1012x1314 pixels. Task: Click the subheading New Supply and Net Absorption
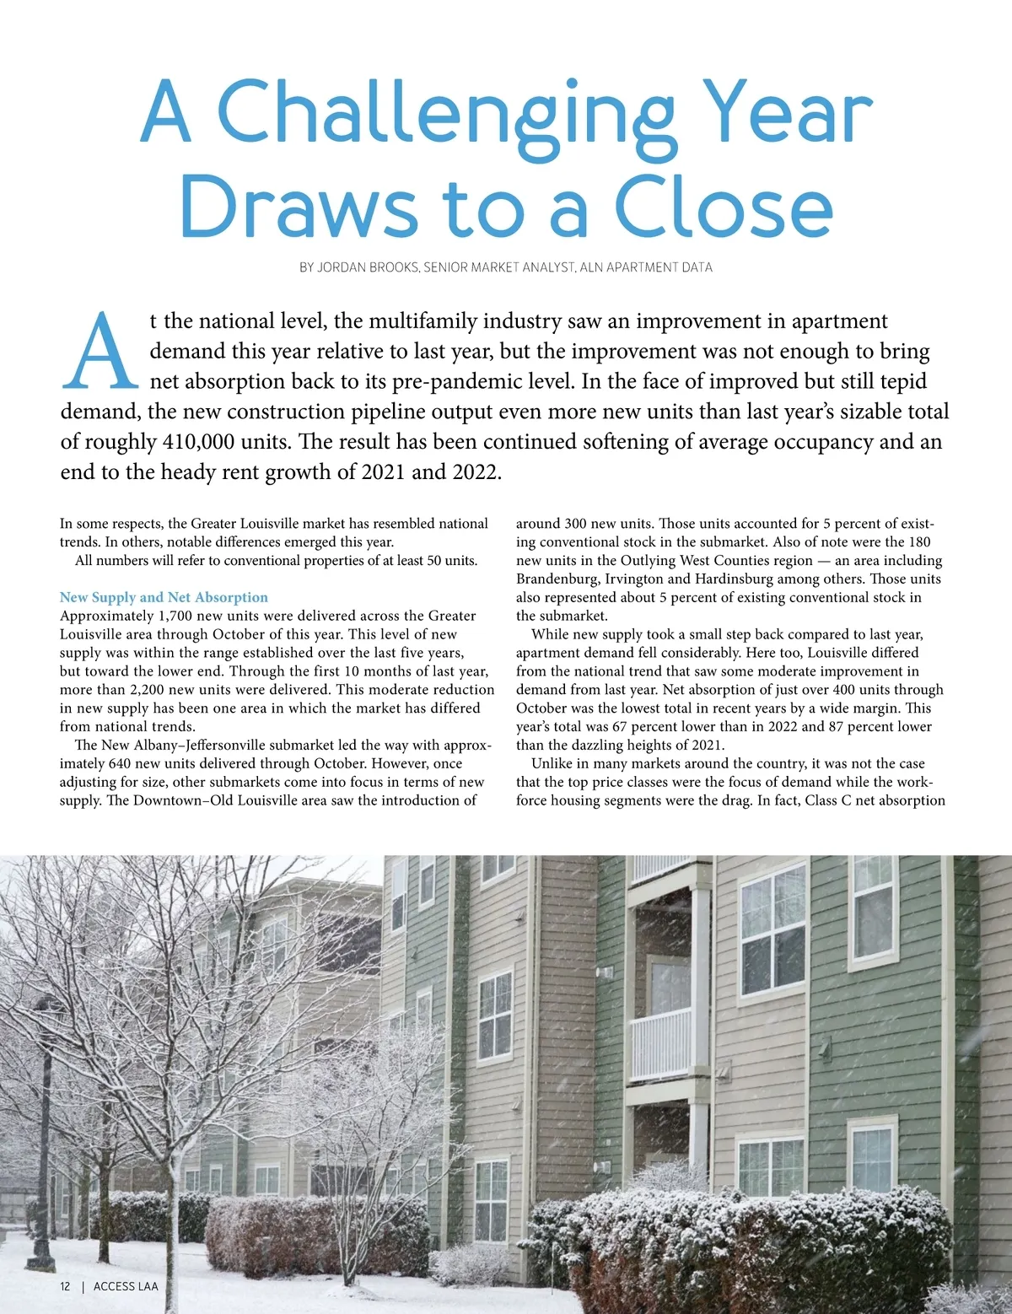(164, 597)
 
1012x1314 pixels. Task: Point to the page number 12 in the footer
(65, 1286)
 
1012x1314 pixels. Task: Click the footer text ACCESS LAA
(126, 1286)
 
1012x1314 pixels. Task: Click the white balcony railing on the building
(661, 1046)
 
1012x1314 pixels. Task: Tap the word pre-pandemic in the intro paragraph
(483, 381)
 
